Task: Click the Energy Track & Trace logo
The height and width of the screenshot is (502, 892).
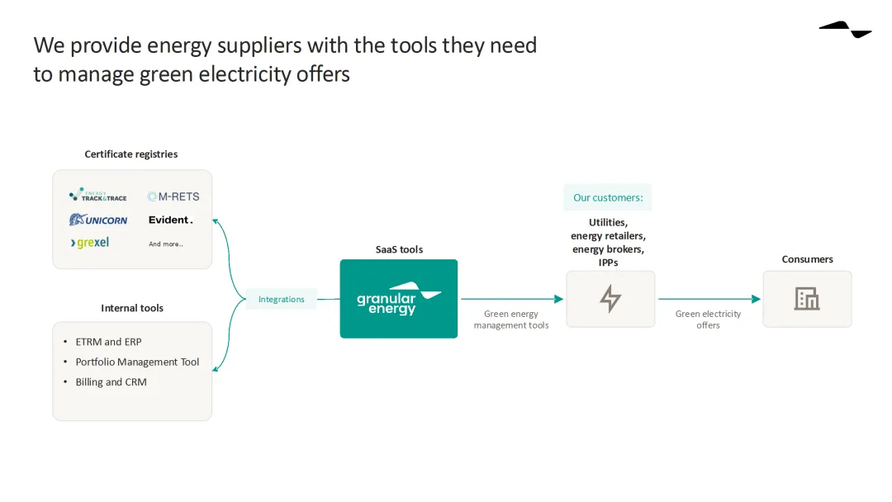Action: tap(97, 196)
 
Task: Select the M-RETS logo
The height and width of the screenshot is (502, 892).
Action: tap(173, 197)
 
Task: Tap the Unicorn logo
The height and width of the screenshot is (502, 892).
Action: tap(98, 220)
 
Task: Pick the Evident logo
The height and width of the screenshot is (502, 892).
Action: tap(171, 220)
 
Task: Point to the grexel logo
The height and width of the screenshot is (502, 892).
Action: tap(90, 243)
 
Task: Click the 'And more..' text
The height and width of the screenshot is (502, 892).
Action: tap(166, 244)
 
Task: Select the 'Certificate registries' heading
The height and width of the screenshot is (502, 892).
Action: tap(131, 154)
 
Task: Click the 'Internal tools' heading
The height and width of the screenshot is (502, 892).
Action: tap(132, 308)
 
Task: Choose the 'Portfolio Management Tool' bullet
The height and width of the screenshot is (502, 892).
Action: tap(137, 362)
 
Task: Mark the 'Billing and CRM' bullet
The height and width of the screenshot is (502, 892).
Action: tap(111, 382)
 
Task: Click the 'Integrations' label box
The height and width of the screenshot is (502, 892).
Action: tap(282, 299)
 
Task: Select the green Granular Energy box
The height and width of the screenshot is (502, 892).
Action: tap(399, 299)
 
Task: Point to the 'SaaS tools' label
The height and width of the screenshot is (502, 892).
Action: tap(399, 249)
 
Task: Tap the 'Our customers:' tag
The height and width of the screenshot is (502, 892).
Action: tap(608, 198)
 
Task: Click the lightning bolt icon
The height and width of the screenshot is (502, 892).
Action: tap(610, 299)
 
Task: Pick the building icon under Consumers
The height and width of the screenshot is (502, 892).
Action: tap(807, 299)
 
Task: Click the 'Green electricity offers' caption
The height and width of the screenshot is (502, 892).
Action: tap(708, 320)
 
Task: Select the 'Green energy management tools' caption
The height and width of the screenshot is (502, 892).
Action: tap(511, 320)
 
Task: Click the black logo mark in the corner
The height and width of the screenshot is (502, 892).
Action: tap(846, 30)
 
